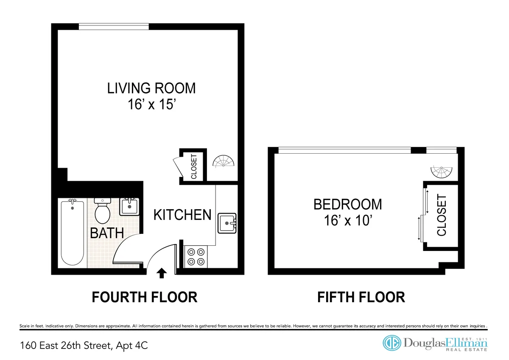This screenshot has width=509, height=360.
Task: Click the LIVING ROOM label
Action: [x=151, y=88]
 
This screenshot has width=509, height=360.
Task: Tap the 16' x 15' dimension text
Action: [x=151, y=104]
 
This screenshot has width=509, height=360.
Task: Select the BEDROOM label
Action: [x=347, y=204]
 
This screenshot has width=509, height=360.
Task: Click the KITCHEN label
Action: [x=182, y=215]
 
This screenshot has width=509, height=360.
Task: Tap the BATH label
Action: [x=106, y=233]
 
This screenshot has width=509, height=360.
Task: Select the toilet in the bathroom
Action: [x=102, y=211]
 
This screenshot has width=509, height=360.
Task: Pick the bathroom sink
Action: [x=129, y=206]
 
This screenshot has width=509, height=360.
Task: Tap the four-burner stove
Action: [x=196, y=257]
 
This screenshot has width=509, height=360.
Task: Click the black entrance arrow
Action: [x=161, y=273]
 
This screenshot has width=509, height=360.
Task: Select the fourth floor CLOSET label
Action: [x=194, y=166]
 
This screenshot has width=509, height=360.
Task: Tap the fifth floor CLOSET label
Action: [x=442, y=215]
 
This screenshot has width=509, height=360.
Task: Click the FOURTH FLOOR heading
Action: [x=145, y=297]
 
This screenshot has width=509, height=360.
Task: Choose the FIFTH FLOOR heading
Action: [x=361, y=297]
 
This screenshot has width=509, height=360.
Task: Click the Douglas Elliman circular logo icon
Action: [x=392, y=343]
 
